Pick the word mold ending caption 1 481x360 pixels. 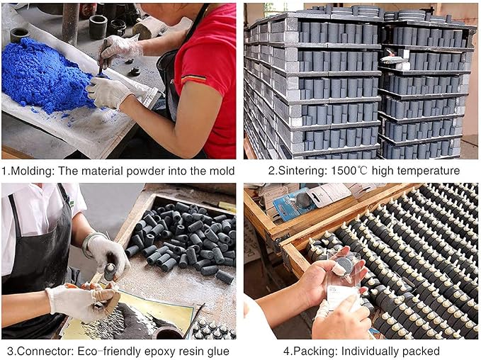tap(222, 171)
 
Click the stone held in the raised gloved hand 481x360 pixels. tap(110, 271)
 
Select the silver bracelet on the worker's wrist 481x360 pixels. tap(90, 244)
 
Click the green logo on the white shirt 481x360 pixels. tap(72, 204)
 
